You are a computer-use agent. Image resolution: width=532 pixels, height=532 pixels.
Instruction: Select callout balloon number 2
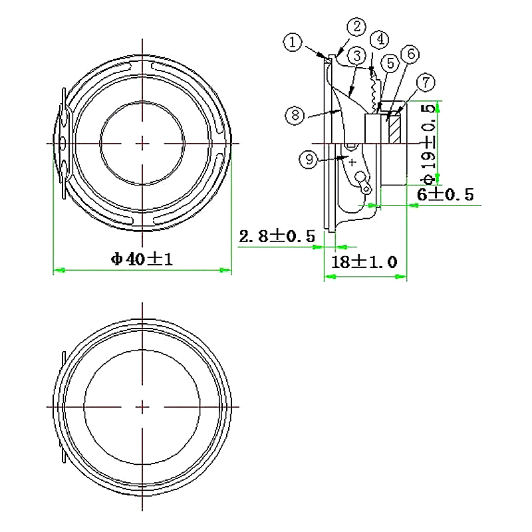click(x=357, y=27)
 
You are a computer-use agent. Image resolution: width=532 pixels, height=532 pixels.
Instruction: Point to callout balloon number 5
click(x=390, y=63)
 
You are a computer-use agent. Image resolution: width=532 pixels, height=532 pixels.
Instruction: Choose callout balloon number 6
click(x=409, y=53)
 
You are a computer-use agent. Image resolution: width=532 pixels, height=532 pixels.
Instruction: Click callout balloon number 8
click(x=295, y=115)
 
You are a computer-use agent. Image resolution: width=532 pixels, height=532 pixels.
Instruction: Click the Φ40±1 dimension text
click(x=142, y=259)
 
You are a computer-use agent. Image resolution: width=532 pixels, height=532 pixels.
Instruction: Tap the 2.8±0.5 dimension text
click(x=276, y=236)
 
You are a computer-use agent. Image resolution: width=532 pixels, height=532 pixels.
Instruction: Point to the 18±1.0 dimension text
click(x=364, y=262)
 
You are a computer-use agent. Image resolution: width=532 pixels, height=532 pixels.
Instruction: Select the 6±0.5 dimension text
click(x=445, y=194)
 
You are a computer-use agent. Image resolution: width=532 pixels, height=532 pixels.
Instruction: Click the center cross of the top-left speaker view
click(x=142, y=143)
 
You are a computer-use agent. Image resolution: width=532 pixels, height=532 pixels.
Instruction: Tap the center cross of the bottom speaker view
click(x=142, y=406)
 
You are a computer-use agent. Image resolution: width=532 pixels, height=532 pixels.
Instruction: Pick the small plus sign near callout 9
click(x=352, y=161)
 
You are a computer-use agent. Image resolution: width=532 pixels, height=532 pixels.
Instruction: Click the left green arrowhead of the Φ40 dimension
click(x=59, y=270)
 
